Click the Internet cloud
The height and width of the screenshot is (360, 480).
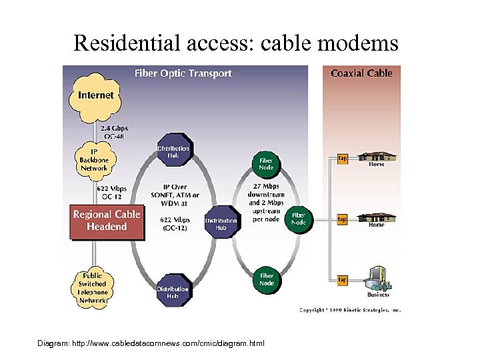[x=95, y=95]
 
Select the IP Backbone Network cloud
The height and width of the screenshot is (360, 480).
[x=95, y=159]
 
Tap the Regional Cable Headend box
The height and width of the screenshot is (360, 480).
[x=107, y=221]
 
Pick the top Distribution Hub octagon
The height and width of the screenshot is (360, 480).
[x=173, y=152]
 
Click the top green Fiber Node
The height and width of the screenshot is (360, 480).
[x=265, y=163]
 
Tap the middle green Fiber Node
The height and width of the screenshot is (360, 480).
[x=298, y=219]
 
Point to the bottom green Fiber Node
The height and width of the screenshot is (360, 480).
[x=266, y=279]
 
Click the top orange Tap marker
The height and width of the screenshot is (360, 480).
[x=342, y=159]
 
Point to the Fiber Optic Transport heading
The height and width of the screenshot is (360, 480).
[x=183, y=73]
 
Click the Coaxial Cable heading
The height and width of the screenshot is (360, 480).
[x=361, y=73]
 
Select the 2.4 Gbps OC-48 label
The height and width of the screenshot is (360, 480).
[x=114, y=132]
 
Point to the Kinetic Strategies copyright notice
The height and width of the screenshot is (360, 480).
[x=349, y=309]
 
